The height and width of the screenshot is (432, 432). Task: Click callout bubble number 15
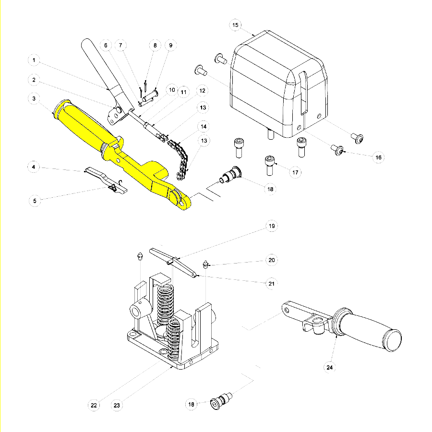pyautogui.click(x=235, y=24)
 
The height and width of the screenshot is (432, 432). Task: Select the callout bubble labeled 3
pyautogui.click(x=34, y=99)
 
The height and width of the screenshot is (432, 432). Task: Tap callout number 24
pyautogui.click(x=329, y=368)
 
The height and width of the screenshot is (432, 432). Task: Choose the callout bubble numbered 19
pyautogui.click(x=272, y=226)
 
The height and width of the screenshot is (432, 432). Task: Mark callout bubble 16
pyautogui.click(x=378, y=157)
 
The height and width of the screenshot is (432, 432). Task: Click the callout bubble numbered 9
pyautogui.click(x=170, y=45)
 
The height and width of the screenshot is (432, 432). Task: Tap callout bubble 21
pyautogui.click(x=272, y=284)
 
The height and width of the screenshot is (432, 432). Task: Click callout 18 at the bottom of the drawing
pyautogui.click(x=191, y=405)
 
